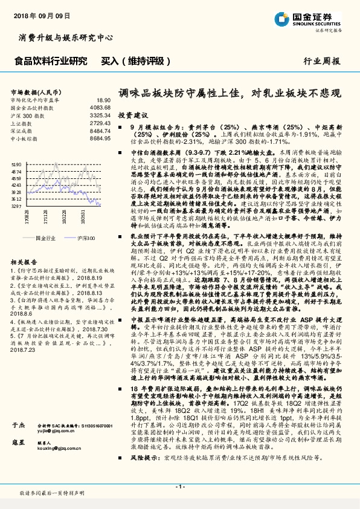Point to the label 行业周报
320,62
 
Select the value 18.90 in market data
103,100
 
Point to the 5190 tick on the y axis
16,164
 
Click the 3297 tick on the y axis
16,206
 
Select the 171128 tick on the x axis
46,216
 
